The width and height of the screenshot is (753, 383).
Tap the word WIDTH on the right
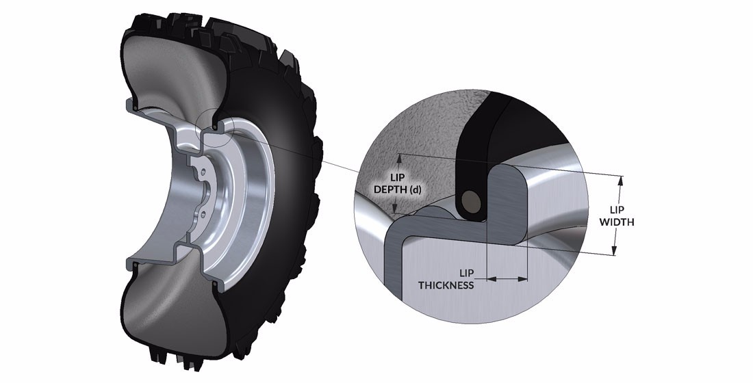(x=617, y=222)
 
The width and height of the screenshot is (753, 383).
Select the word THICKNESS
(x=446, y=285)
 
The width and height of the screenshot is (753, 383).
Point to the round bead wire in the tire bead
(x=470, y=200)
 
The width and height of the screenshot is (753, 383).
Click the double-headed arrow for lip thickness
(x=507, y=278)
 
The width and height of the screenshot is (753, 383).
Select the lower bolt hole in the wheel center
(x=203, y=214)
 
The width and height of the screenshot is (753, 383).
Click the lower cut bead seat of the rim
(x=218, y=282)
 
